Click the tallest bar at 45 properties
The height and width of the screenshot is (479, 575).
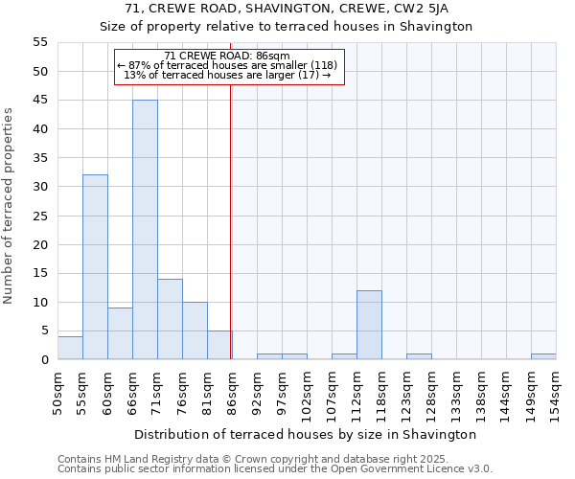coord(145,230)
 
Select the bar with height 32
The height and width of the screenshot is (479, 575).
coord(95,267)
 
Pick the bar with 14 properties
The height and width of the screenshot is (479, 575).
coord(170,319)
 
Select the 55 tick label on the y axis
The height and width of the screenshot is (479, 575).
coord(40,42)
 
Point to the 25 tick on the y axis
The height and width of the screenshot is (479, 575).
coord(40,216)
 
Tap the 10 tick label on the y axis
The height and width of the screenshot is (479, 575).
coord(40,302)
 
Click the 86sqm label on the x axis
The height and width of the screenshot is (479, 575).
coord(232,390)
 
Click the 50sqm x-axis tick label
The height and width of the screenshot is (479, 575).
coord(57,390)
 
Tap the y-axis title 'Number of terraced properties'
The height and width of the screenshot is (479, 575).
coord(9,206)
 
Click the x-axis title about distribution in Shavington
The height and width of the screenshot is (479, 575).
coord(306,434)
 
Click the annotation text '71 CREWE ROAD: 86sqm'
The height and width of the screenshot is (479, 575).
coord(228,56)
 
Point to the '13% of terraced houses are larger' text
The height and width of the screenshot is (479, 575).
coord(228,75)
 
